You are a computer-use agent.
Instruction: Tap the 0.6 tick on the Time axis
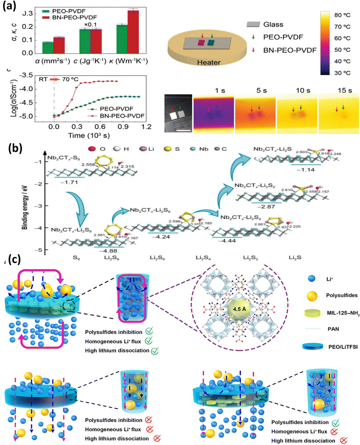pos(102,125)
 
